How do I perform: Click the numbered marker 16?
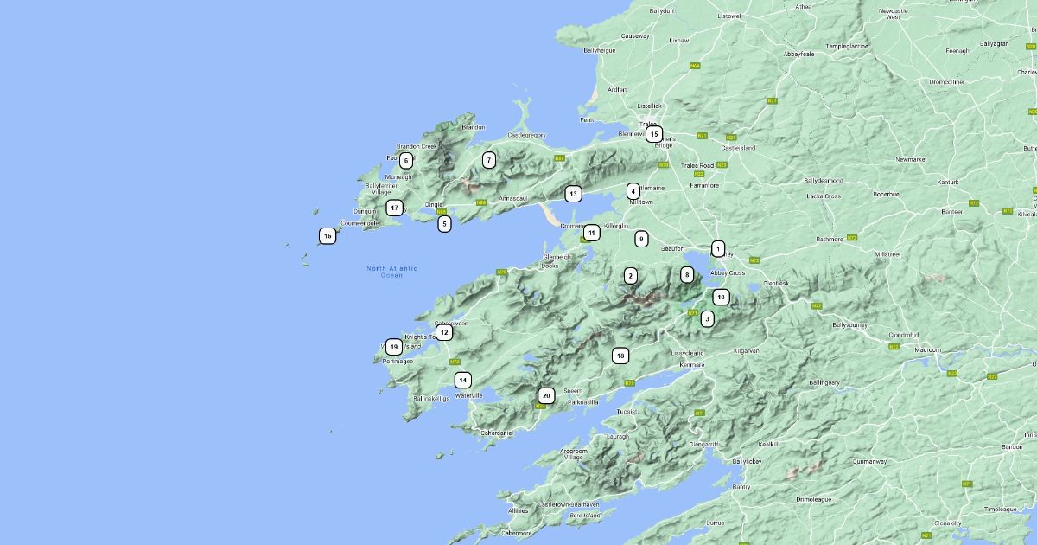pos(327,235)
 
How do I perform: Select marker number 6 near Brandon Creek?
pos(406,160)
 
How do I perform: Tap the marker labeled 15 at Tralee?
pos(654,134)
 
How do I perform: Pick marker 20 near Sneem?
pos(546,395)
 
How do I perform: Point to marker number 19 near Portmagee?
pos(393,347)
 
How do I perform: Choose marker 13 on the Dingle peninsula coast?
pos(572,194)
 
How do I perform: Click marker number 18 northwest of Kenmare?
pos(620,356)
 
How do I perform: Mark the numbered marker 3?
pos(707,318)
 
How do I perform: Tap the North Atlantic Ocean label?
pos(391,272)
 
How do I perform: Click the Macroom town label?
pos(927,349)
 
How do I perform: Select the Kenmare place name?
pos(691,365)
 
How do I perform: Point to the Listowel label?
pos(729,16)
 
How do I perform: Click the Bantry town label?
pos(741,487)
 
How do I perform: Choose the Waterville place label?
pos(468,395)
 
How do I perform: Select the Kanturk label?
pos(948,182)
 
